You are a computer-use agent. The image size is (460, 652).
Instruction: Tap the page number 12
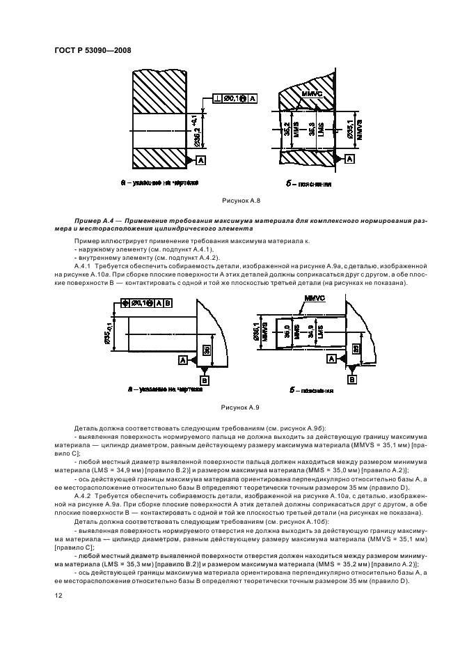click(x=57, y=593)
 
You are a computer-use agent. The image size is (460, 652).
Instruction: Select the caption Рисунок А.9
click(x=239, y=406)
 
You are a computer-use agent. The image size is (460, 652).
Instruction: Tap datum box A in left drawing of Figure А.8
click(x=201, y=160)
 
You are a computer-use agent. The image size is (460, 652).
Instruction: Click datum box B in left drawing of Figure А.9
click(x=204, y=380)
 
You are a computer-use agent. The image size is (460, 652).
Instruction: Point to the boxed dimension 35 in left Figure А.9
click(x=206, y=350)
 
